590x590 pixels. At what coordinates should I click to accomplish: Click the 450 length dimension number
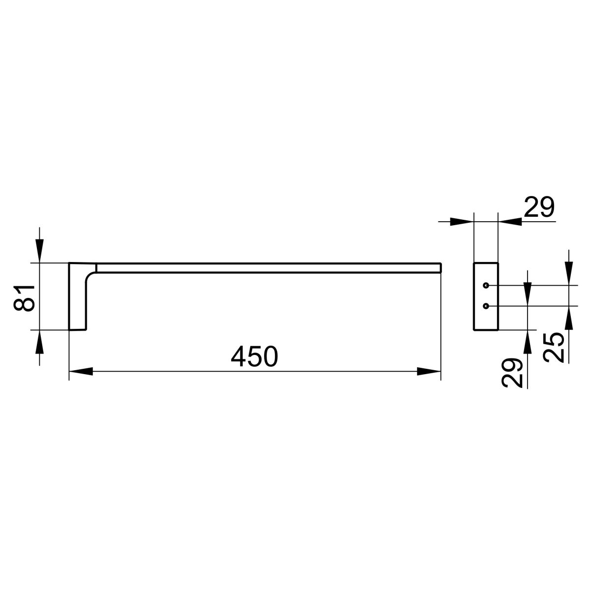click(254, 356)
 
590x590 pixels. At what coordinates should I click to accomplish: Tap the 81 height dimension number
click(24, 297)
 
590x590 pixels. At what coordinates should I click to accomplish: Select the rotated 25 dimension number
click(553, 348)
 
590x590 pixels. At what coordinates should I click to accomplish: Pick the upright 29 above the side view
click(539, 207)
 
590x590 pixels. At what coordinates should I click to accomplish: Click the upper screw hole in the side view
click(486, 285)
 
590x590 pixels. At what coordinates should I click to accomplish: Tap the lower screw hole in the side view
click(486, 306)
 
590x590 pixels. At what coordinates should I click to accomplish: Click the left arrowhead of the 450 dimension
click(81, 371)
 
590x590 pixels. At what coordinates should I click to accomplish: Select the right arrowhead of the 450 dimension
click(429, 371)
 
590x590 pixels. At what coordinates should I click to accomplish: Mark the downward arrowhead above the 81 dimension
click(39, 251)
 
